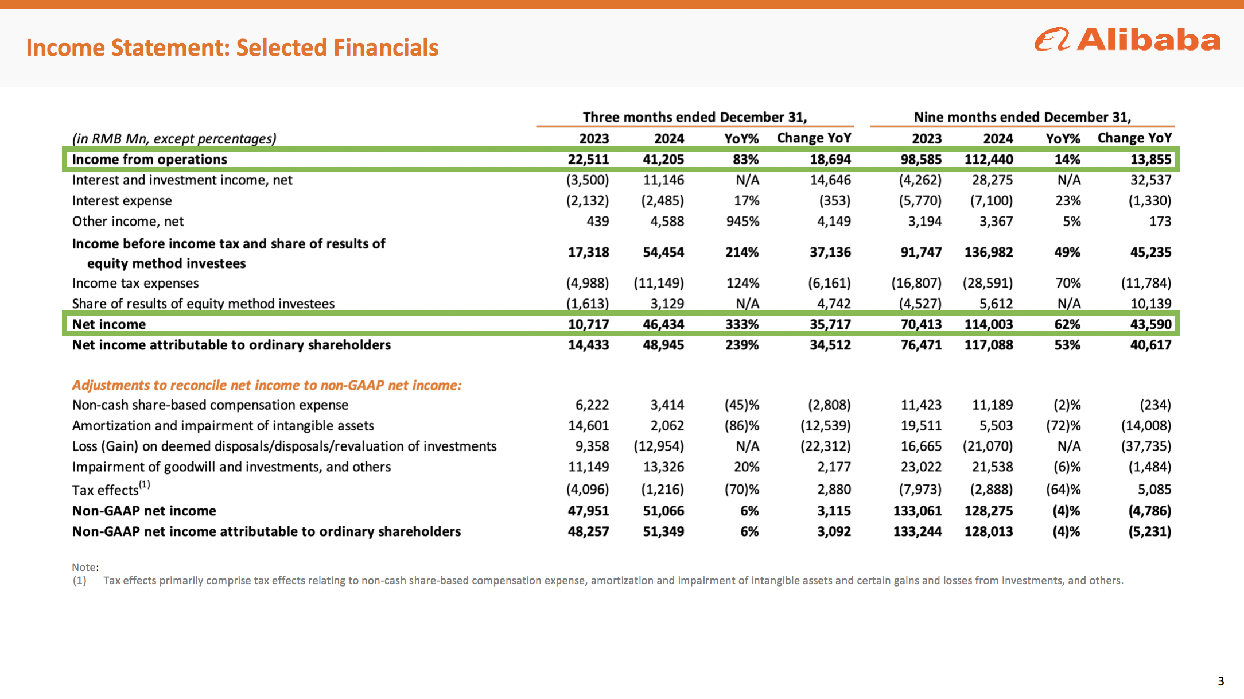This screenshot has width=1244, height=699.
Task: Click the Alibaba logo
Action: click(1128, 40)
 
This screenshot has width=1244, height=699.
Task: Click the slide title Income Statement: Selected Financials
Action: click(232, 48)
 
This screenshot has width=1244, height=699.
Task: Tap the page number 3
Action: click(1220, 681)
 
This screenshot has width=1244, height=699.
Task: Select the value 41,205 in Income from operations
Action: click(663, 159)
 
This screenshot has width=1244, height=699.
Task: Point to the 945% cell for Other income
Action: click(742, 221)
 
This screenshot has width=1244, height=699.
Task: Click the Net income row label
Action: click(109, 324)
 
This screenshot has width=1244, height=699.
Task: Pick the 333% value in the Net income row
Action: click(742, 324)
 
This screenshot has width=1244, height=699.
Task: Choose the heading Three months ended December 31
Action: click(695, 117)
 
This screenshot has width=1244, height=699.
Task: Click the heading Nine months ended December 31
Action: click(1022, 117)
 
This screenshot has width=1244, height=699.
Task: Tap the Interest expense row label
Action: click(122, 200)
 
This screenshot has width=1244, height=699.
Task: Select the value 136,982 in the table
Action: click(989, 252)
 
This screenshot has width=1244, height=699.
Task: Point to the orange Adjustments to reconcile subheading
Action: click(267, 385)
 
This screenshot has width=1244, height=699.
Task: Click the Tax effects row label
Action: click(111, 488)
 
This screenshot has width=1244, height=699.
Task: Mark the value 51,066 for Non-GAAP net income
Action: click(663, 511)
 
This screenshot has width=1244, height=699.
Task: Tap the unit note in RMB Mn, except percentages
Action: click(174, 139)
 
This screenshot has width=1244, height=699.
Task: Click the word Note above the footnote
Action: click(85, 567)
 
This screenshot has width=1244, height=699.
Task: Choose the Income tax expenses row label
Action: click(135, 283)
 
